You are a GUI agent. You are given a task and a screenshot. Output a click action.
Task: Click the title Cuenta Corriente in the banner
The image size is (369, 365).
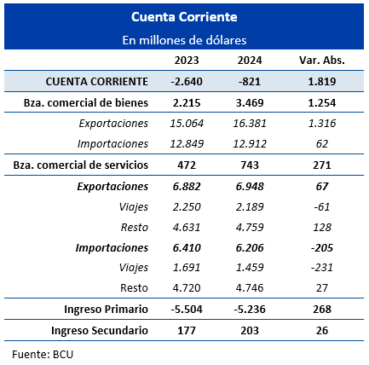[184, 17]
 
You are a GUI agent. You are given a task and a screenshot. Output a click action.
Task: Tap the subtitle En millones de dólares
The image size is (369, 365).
[184, 40]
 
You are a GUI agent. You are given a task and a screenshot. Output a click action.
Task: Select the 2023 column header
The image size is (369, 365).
[187, 61]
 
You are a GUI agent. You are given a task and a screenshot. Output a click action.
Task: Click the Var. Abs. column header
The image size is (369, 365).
[322, 61]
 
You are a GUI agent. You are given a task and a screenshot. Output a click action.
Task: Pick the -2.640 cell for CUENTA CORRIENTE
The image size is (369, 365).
[187, 82]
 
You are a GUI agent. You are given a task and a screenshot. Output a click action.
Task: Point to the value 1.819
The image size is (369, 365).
[322, 82]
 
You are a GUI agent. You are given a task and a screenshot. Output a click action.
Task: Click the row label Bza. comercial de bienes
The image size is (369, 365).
[86, 102]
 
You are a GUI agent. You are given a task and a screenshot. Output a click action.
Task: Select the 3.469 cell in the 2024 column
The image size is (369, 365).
[250, 102]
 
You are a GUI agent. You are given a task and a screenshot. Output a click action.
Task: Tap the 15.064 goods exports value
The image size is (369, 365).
[187, 124]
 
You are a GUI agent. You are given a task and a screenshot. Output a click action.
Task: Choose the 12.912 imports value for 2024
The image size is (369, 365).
[250, 144]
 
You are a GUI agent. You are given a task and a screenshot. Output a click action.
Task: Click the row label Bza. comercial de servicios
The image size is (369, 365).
[81, 165]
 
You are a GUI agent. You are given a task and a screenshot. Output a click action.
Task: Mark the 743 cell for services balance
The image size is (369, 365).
[250, 165]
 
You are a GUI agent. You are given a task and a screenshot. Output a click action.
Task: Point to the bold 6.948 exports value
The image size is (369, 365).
[250, 187]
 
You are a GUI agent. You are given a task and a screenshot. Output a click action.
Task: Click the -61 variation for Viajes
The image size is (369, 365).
[322, 206]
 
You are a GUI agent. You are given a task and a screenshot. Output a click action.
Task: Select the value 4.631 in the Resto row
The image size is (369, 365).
[187, 228]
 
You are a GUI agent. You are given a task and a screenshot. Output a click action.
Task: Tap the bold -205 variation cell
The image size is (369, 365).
[322, 248]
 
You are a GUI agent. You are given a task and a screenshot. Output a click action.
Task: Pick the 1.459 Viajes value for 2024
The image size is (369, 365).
[250, 268]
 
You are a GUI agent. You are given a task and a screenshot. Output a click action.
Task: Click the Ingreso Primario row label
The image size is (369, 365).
[106, 310]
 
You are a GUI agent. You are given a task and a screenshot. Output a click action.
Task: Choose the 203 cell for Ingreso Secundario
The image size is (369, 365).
[250, 331]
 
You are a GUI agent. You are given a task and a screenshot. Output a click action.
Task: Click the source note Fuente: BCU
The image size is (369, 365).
[43, 355]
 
